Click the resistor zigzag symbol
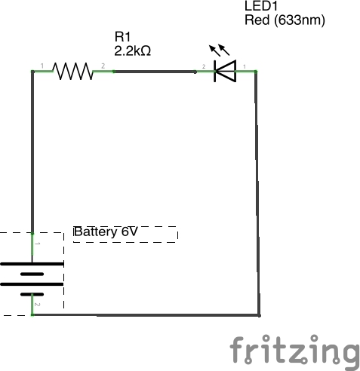click(72, 72)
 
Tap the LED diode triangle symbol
click(225, 71)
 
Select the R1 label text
click(122, 37)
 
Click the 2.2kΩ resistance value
click(133, 51)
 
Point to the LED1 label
click(261, 6)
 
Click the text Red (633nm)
click(285, 20)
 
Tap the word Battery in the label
click(96, 231)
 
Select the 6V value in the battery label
click(130, 231)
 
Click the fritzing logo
click(294, 351)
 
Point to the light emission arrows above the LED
click(220, 50)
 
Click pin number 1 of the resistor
click(42, 66)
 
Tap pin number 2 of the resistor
click(103, 66)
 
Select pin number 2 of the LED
click(204, 66)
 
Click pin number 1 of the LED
click(245, 66)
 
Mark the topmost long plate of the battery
click(32, 264)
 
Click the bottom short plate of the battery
click(32, 294)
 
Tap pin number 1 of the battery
click(37, 244)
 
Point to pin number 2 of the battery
click(37, 305)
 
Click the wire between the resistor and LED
click(155, 72)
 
